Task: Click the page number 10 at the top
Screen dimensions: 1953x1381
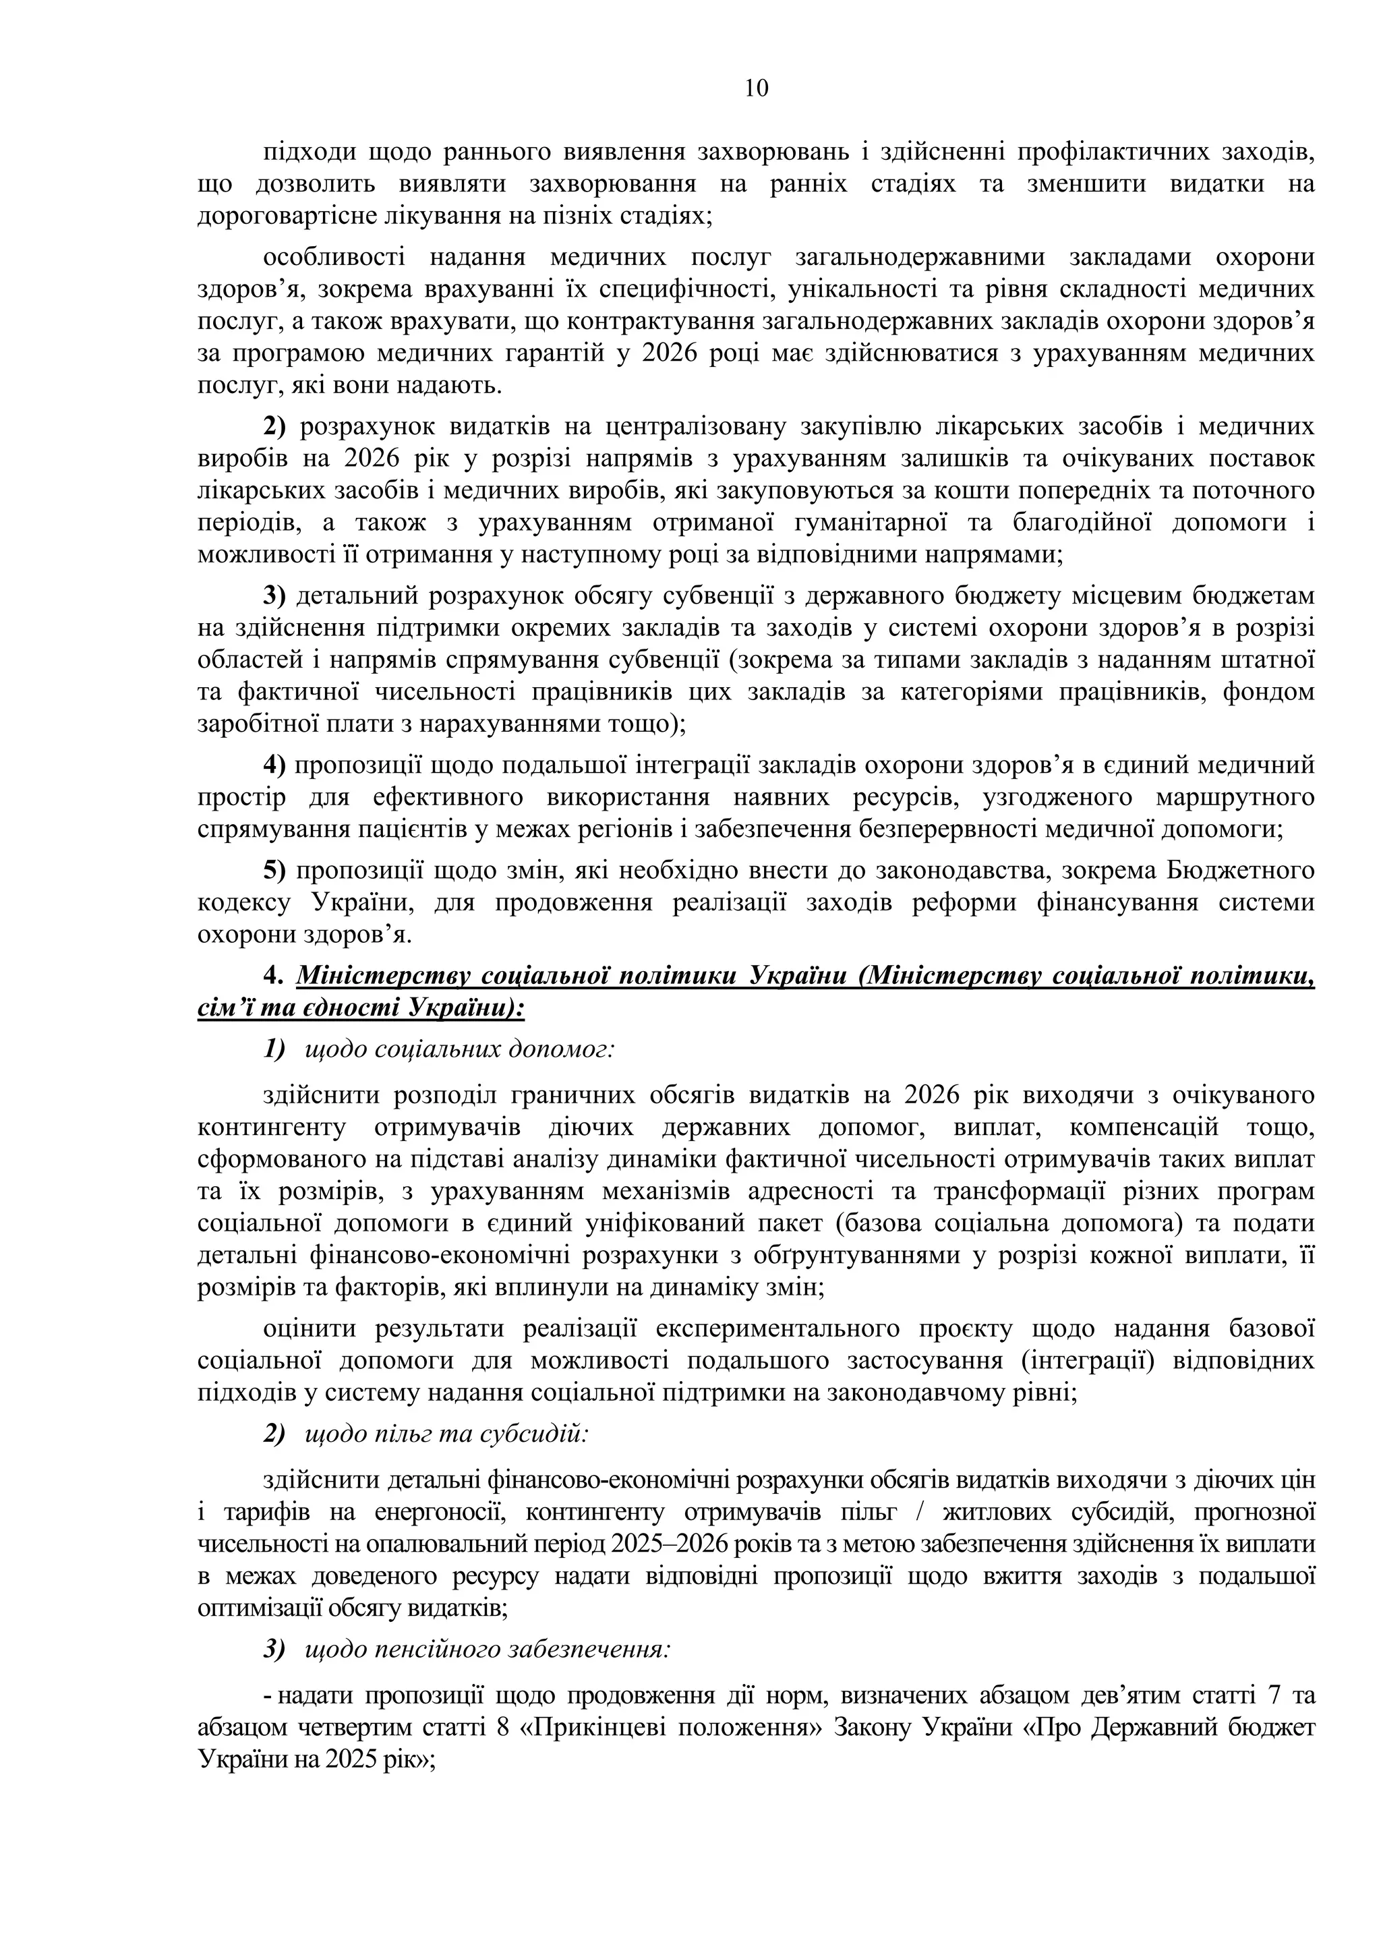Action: (x=756, y=88)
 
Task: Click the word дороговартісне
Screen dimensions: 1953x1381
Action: (x=280, y=216)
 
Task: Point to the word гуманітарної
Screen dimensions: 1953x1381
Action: (x=927, y=522)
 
